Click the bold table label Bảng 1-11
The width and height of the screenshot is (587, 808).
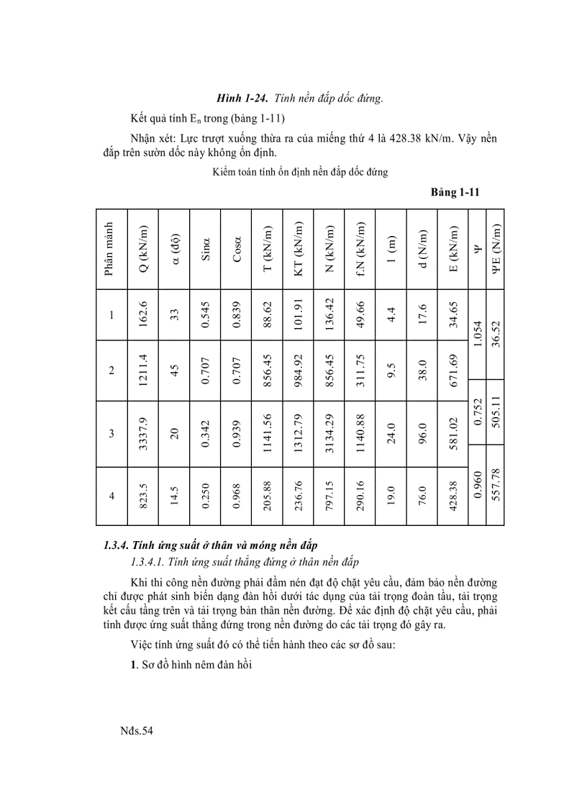(455, 192)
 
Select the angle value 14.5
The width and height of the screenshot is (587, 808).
(174, 496)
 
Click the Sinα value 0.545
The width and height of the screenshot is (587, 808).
(205, 314)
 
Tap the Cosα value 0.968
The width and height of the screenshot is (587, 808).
(237, 496)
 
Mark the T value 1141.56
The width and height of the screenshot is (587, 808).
(268, 434)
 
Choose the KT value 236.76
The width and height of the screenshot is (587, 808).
(299, 496)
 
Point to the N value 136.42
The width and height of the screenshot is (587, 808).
(329, 314)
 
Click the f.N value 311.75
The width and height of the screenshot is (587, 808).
(360, 371)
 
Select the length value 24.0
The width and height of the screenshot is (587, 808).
(391, 434)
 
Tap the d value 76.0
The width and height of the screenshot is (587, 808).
(422, 496)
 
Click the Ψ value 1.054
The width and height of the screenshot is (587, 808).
(477, 334)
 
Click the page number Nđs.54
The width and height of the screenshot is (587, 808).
(137, 731)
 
